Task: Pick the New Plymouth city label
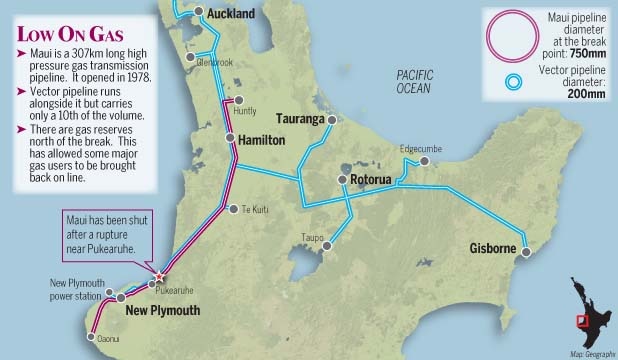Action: [163, 311]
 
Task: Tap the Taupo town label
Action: [313, 237]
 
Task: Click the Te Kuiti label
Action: [255, 209]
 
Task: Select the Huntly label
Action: [243, 111]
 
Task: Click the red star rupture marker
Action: [158, 277]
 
